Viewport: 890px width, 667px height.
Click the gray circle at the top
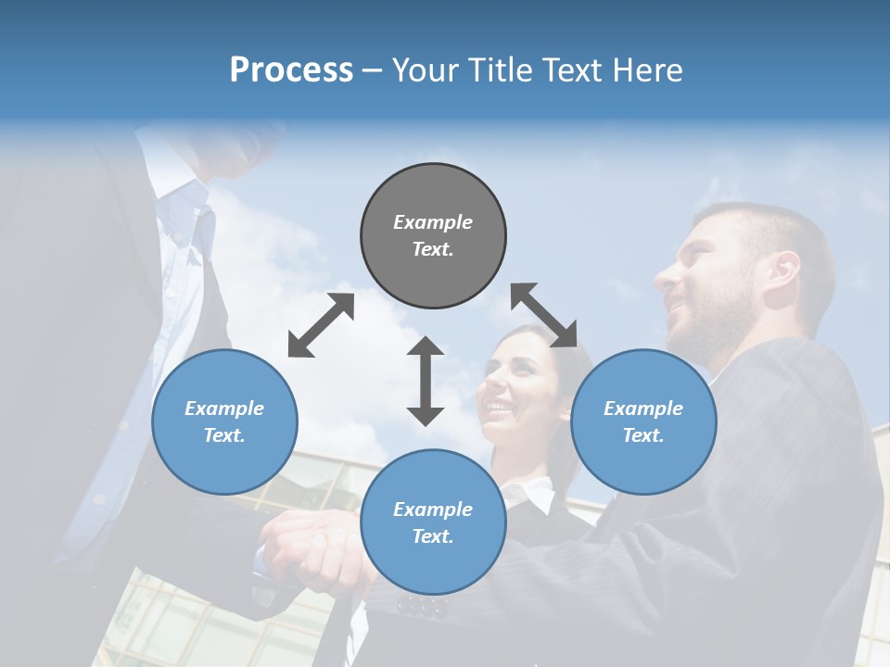click(433, 235)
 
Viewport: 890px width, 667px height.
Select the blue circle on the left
click(224, 422)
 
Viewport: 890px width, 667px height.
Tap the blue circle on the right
click(643, 422)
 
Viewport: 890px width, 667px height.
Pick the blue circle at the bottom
click(433, 522)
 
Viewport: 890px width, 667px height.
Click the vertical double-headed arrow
click(426, 381)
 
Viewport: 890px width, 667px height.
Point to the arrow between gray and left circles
click(321, 325)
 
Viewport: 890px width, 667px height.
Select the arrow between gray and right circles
click(544, 315)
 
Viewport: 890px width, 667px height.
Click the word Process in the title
click(291, 70)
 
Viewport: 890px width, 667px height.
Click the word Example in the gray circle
click(433, 222)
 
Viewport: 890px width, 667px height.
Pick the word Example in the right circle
click(643, 409)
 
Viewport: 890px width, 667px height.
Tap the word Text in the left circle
click(222, 435)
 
